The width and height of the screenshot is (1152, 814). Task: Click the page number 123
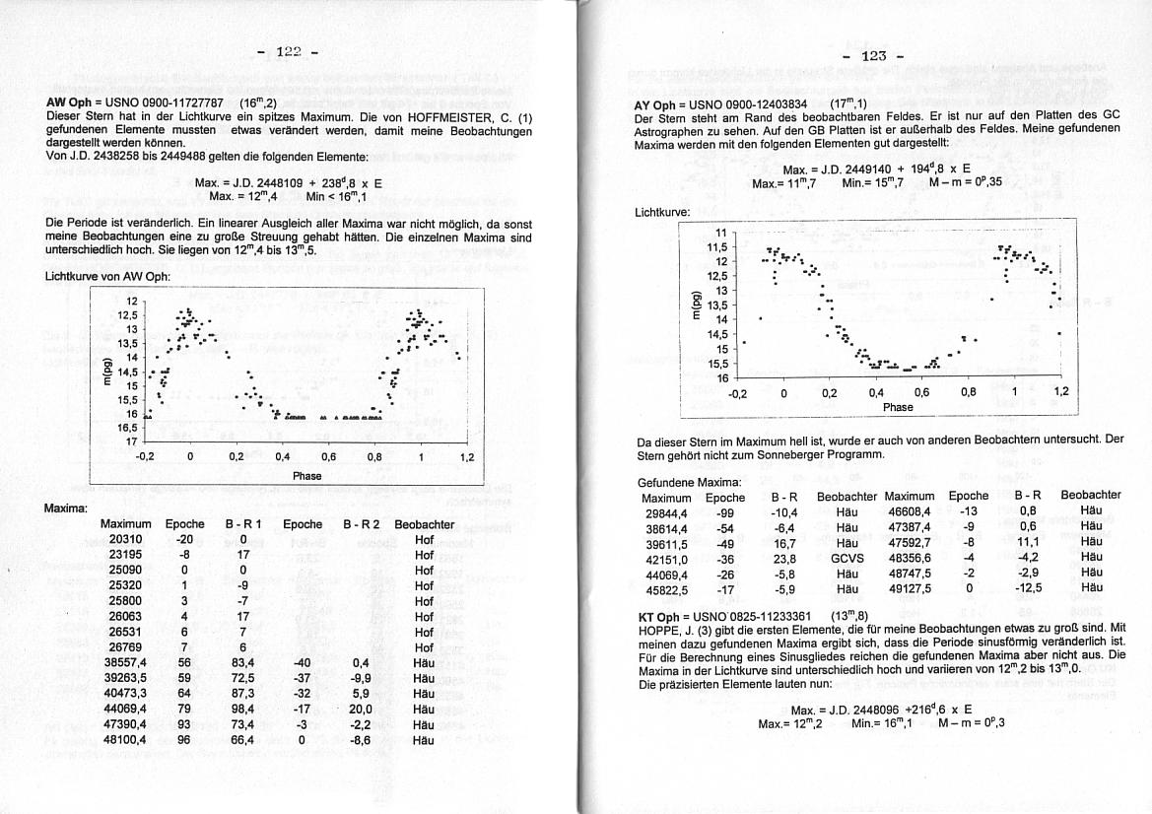pyautogui.click(x=873, y=56)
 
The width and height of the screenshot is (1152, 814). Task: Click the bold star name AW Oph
pyautogui.click(x=69, y=102)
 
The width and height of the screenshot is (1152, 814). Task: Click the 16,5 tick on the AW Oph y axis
pyautogui.click(x=128, y=428)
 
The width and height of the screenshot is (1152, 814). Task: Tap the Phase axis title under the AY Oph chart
pyautogui.click(x=898, y=407)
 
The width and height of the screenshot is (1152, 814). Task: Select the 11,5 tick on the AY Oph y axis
pyautogui.click(x=718, y=246)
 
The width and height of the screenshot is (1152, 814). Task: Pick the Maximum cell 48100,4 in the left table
pyautogui.click(x=127, y=739)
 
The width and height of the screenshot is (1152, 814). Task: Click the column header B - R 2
pyautogui.click(x=361, y=525)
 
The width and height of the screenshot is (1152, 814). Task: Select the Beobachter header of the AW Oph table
pyautogui.click(x=424, y=525)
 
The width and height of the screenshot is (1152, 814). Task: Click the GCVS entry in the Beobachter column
pyautogui.click(x=847, y=558)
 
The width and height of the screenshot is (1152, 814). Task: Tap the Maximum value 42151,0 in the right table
pyautogui.click(x=666, y=558)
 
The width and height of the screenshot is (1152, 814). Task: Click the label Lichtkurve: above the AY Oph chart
pyautogui.click(x=660, y=213)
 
